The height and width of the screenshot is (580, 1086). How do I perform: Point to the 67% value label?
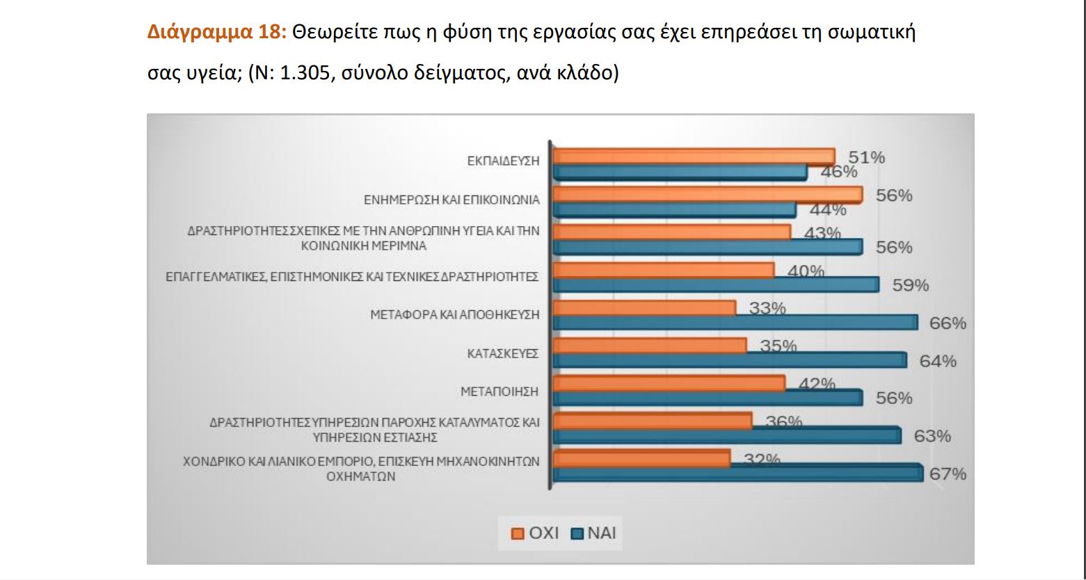pos(948,474)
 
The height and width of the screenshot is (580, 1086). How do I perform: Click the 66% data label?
pos(948,323)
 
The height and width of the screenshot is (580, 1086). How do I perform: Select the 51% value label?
pos(866,158)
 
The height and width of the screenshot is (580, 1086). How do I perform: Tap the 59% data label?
pos(910,285)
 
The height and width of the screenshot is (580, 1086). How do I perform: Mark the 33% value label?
pos(767,307)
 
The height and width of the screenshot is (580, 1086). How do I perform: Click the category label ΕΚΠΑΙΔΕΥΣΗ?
pos(503,161)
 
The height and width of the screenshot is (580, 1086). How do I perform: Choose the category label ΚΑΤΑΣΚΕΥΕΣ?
pos(503,354)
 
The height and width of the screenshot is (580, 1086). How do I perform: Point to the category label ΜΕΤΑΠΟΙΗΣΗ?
pos(500,392)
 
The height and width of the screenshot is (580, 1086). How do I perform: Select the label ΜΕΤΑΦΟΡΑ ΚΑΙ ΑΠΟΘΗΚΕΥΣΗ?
pos(454,315)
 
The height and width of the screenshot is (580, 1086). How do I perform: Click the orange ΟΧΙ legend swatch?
pos(518,534)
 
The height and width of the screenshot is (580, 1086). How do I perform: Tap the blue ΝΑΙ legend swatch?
pos(576,534)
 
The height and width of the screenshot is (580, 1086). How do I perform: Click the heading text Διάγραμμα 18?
pos(217,33)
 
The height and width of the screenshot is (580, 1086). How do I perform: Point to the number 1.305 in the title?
pos(304,73)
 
